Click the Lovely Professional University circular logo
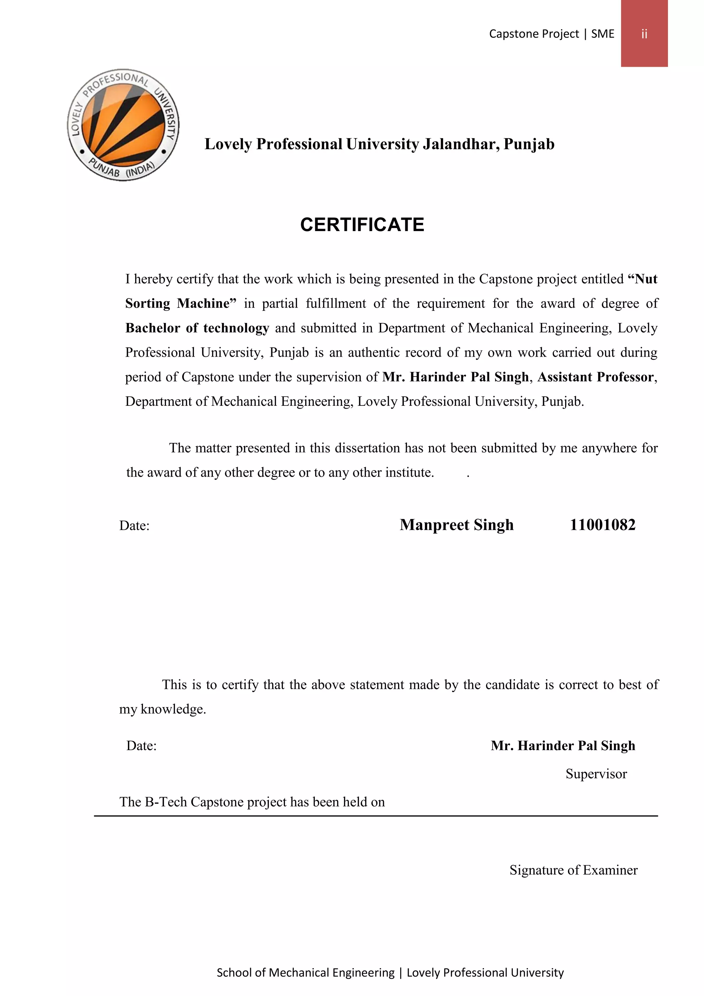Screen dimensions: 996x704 tap(123, 125)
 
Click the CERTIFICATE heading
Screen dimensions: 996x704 tap(362, 225)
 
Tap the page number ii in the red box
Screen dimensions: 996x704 tap(644, 34)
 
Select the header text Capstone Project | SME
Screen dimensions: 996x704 tap(551, 34)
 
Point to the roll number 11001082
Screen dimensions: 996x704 tap(602, 525)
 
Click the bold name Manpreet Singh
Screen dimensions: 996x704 tap(456, 525)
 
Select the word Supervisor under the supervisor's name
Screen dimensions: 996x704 tap(596, 773)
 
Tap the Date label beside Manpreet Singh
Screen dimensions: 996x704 tap(134, 526)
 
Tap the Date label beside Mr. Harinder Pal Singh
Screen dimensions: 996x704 tap(141, 746)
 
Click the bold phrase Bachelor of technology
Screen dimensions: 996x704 tap(197, 328)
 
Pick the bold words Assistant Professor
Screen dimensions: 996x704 tap(595, 377)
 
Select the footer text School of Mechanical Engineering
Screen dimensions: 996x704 tap(306, 973)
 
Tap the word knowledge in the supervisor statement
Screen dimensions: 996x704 tap(173, 709)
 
